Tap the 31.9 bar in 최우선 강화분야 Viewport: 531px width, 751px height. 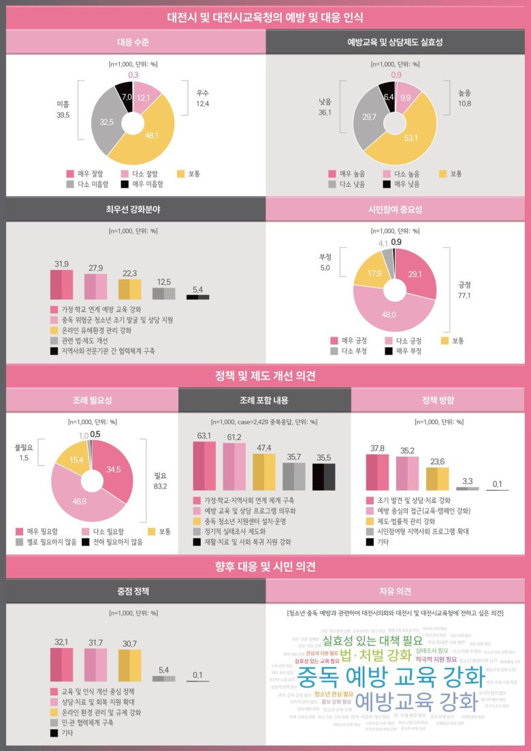coord(62,284)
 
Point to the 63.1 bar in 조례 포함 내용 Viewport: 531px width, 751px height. coord(204,466)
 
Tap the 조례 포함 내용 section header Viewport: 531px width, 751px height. coord(265,400)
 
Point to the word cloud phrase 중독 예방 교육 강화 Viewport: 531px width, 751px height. coord(391,676)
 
